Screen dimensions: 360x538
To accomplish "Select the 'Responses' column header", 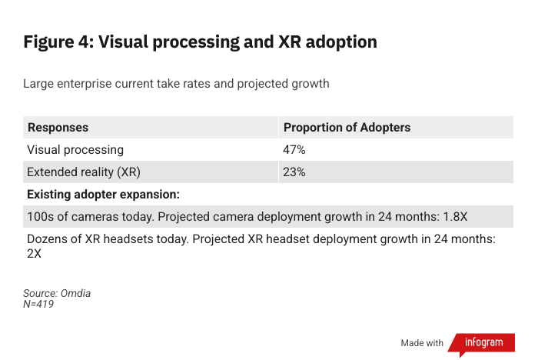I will [58, 127].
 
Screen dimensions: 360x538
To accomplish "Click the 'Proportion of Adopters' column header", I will [347, 127].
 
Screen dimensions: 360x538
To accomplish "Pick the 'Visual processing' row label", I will [75, 149].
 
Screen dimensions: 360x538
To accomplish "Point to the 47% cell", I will [294, 149].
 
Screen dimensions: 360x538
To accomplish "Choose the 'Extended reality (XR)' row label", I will [84, 172].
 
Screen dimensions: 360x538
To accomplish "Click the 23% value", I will [294, 172].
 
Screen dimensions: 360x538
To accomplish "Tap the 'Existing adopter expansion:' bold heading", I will [103, 194].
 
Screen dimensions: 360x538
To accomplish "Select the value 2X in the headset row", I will [34, 252].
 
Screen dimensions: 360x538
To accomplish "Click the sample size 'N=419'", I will [38, 304].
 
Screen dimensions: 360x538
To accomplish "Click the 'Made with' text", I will [422, 342].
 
